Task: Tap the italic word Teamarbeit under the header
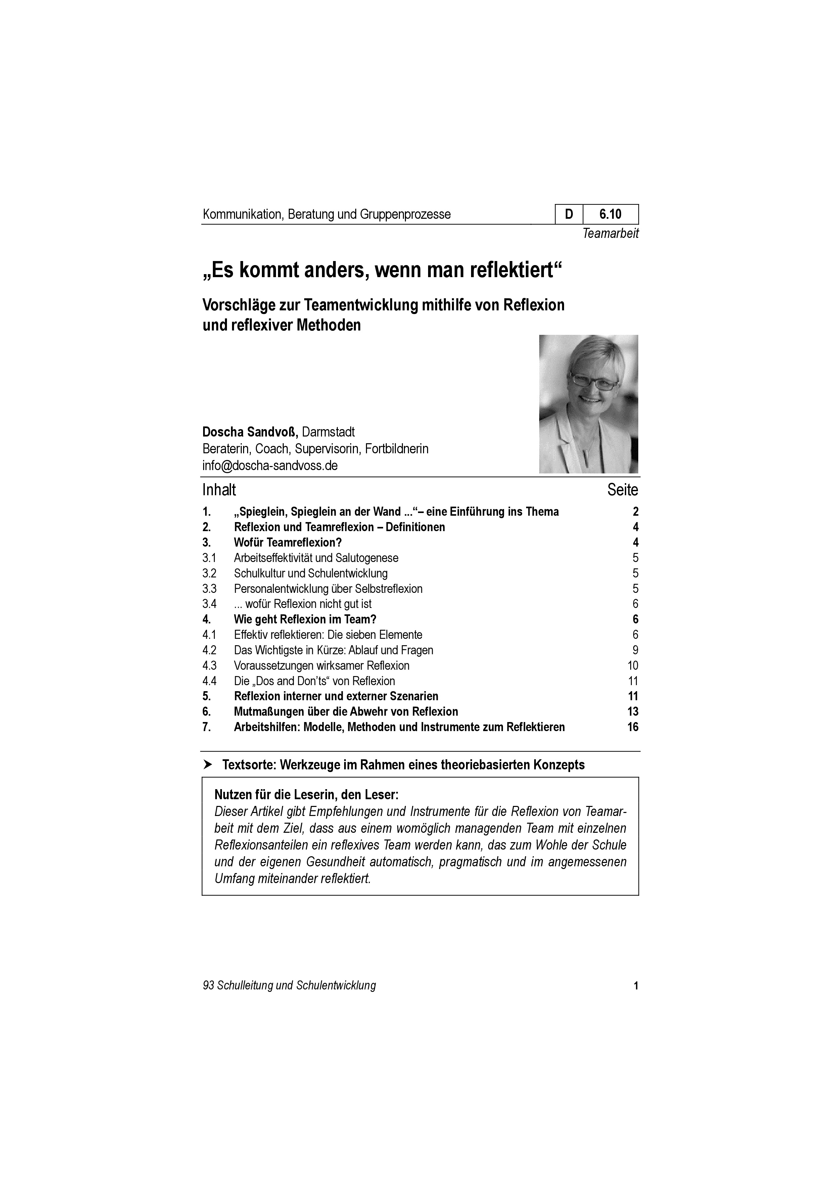(610, 234)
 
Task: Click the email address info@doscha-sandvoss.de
(270, 465)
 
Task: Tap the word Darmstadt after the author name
(328, 431)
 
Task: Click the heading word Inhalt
(219, 490)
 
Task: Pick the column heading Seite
(623, 490)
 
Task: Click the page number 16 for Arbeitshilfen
(633, 727)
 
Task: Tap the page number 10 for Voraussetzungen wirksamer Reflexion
(633, 665)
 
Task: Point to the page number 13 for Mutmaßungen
(633, 712)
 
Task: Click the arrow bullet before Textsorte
(208, 765)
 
